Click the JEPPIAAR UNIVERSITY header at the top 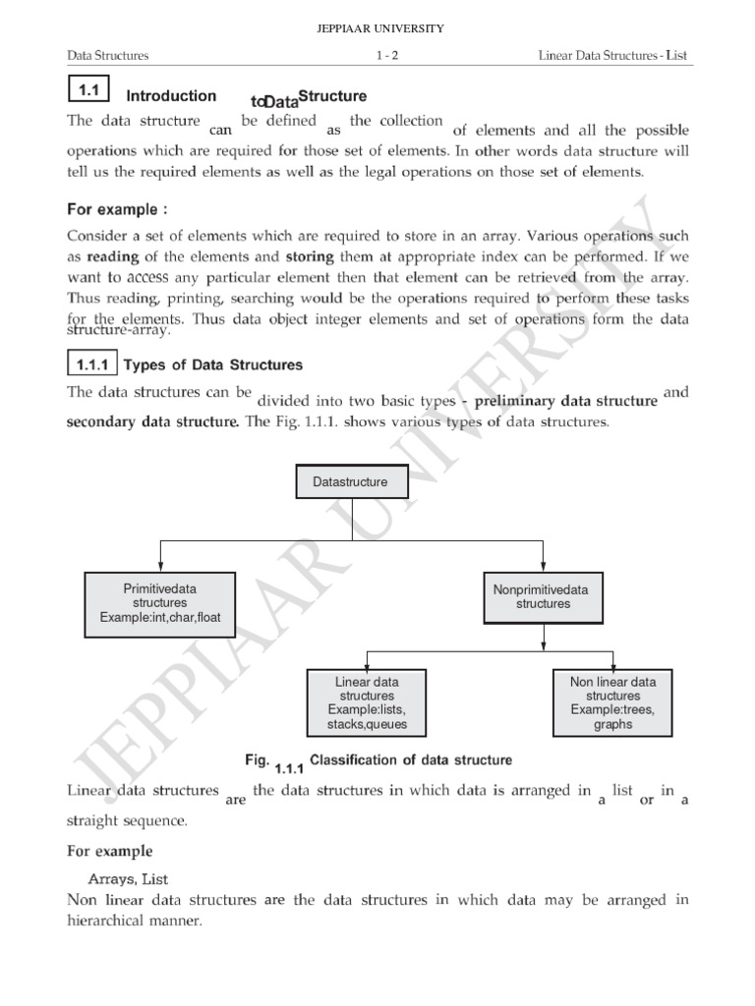pos(377,28)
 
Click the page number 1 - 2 pos(386,56)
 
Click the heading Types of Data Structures pos(214,365)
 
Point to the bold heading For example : pos(112,209)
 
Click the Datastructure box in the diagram pos(350,482)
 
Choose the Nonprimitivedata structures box pos(542,596)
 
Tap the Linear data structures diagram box pos(367,703)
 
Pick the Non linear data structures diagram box pos(612,703)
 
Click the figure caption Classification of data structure pos(411,759)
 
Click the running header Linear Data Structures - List pos(614,56)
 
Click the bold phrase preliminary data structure pos(571,400)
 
